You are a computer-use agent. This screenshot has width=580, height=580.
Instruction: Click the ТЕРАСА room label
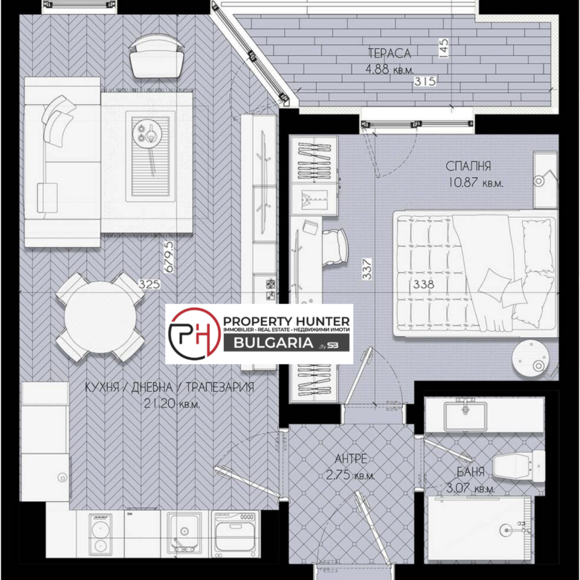[x=389, y=54]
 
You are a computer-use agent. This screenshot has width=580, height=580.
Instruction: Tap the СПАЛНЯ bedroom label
[x=468, y=166]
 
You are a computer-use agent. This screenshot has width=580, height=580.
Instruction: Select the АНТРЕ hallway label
[x=351, y=459]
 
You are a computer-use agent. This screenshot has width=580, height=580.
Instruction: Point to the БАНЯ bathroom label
[x=471, y=471]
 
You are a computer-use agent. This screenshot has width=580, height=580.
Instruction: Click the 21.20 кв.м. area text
[x=172, y=404]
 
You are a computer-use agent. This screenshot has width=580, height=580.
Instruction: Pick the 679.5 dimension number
[x=168, y=257]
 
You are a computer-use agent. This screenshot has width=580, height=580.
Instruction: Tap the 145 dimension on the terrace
[x=444, y=48]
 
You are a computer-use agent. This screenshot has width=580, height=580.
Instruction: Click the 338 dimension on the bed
[x=424, y=284]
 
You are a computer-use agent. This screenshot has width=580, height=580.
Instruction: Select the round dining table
[x=100, y=318]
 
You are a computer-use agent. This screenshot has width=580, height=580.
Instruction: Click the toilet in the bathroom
[x=518, y=466]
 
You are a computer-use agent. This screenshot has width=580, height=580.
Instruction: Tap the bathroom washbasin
[x=465, y=414]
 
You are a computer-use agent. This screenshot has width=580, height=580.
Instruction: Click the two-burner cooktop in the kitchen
[x=100, y=534]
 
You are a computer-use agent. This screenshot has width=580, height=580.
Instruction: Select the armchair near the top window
[x=156, y=57]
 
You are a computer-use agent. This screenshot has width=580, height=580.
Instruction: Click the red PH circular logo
[x=195, y=334]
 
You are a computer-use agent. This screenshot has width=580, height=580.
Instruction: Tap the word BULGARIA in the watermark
[x=274, y=343]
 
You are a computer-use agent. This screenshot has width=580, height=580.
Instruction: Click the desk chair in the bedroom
[x=335, y=247]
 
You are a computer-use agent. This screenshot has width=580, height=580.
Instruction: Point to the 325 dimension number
[x=149, y=284]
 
